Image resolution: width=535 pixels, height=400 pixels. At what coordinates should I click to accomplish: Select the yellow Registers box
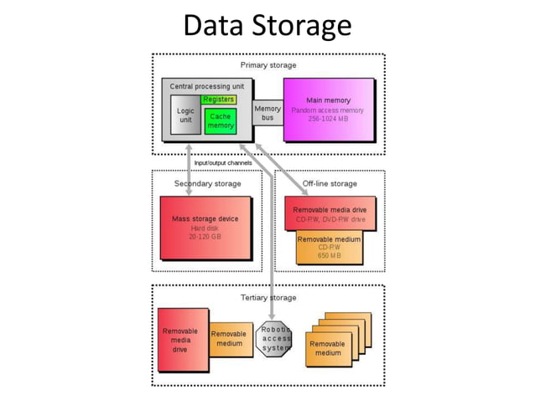click(x=218, y=100)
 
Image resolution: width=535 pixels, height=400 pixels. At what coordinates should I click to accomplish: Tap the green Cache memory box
click(x=221, y=121)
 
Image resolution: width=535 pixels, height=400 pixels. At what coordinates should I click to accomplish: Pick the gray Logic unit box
click(x=185, y=116)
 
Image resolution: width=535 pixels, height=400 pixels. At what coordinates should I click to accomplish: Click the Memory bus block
click(x=267, y=113)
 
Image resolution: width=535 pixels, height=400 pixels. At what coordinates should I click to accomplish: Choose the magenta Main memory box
click(x=327, y=110)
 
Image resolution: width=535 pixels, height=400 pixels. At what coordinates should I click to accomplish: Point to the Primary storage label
click(x=267, y=65)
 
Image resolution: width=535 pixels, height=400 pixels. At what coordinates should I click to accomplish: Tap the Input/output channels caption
click(x=222, y=162)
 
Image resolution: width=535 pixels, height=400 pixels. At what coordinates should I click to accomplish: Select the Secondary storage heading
click(x=207, y=183)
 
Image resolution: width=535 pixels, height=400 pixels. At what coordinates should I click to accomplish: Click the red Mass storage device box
click(x=205, y=227)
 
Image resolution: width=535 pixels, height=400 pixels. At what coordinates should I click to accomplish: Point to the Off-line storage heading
click(x=330, y=183)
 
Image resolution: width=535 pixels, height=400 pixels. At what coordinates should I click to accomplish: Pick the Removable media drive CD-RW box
click(x=329, y=214)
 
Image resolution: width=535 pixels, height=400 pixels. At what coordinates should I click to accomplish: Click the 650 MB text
click(x=329, y=255)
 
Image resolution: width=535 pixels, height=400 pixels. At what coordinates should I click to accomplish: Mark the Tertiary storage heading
click(x=267, y=297)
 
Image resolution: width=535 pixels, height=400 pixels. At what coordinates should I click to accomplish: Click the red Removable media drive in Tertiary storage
click(x=181, y=340)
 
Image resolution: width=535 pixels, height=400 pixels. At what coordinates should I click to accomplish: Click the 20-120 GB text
click(x=205, y=237)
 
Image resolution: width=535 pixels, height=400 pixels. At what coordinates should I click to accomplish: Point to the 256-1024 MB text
click(x=327, y=119)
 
